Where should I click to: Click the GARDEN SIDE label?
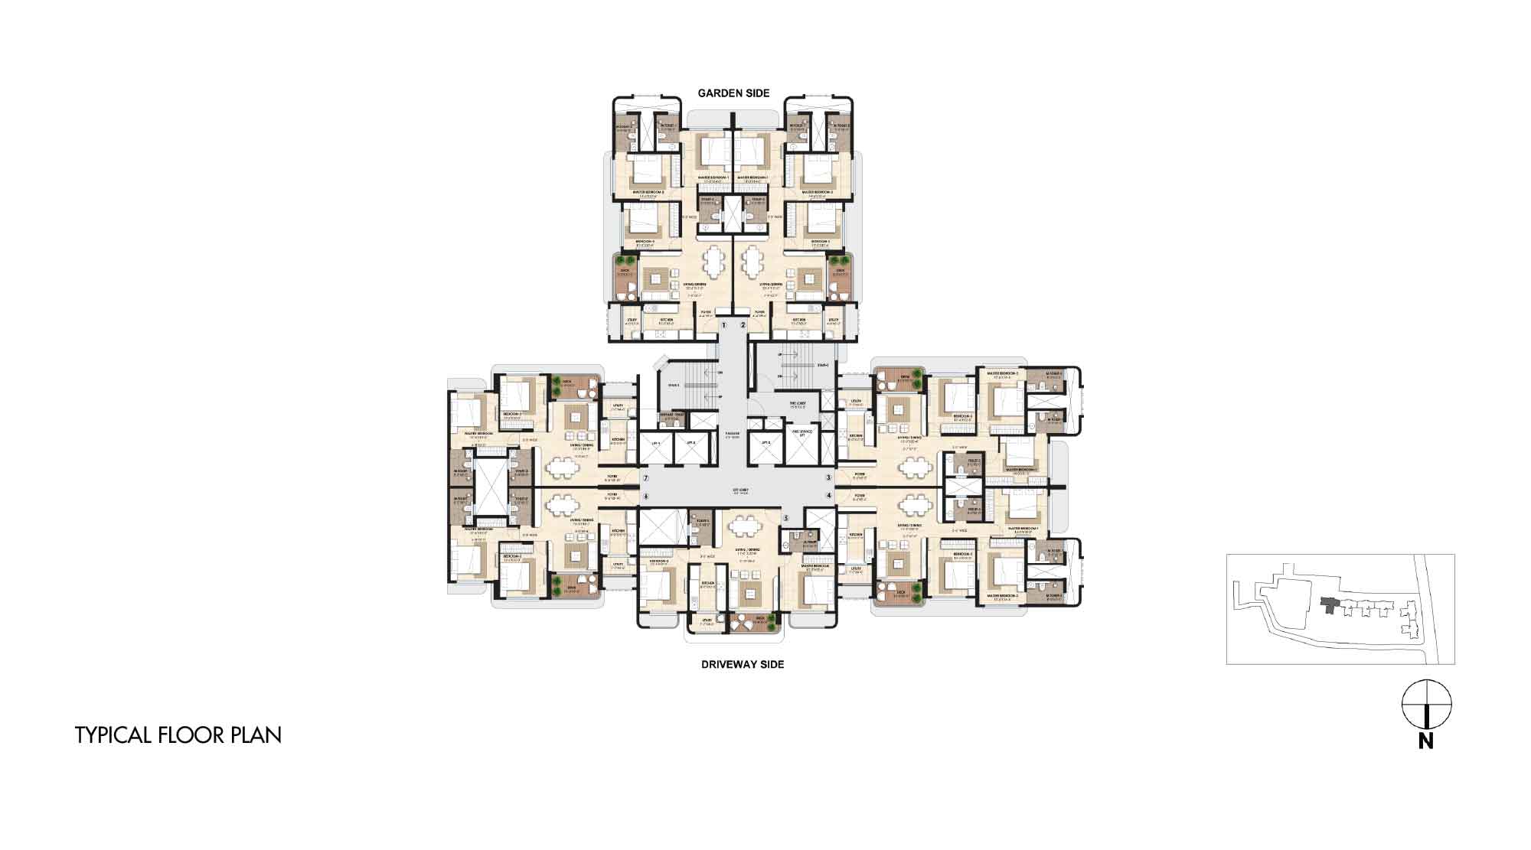733,93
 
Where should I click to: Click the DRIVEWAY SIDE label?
743,664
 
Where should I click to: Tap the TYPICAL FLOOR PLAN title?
178,735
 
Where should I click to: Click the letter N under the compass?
1425,741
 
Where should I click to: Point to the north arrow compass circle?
1426,704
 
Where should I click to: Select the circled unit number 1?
723,325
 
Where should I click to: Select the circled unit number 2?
743,325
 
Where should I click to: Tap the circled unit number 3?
828,478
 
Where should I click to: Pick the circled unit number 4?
828,496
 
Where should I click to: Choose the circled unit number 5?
785,518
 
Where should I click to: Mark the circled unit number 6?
646,496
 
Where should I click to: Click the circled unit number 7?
646,478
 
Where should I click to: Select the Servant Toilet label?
673,418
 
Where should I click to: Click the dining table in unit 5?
743,526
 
